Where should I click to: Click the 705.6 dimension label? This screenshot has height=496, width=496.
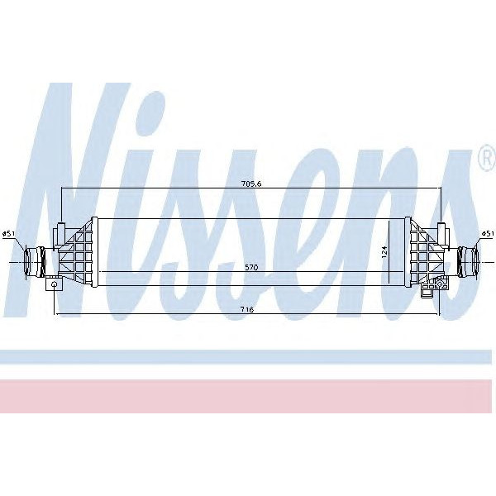(250, 184)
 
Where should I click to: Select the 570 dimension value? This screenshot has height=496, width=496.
(250, 267)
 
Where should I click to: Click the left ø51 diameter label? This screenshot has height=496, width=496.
(9, 234)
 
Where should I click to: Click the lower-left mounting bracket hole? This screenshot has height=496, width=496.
(55, 284)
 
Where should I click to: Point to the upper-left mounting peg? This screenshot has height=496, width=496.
(62, 232)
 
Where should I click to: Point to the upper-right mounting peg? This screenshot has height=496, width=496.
(442, 232)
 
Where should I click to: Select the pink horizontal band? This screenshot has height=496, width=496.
(248, 397)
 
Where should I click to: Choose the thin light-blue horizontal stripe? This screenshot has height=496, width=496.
(248, 356)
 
